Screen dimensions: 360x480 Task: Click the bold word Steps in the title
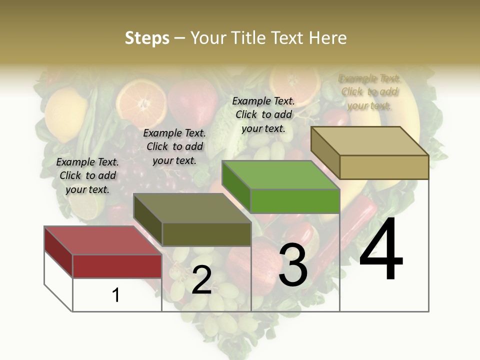147,38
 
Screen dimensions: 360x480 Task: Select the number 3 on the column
293,265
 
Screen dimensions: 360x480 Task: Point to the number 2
201,280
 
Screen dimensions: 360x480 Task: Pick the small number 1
116,295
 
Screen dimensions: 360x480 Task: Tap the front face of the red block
117,266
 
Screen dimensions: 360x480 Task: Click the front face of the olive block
206,234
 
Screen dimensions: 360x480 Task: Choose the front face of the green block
295,201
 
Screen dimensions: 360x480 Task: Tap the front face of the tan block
384,167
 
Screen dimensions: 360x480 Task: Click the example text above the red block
87,175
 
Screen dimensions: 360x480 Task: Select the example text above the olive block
174,146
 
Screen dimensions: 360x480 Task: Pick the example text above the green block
263,114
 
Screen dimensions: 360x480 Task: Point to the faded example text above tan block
369,92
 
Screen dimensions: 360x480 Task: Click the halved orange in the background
142,102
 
